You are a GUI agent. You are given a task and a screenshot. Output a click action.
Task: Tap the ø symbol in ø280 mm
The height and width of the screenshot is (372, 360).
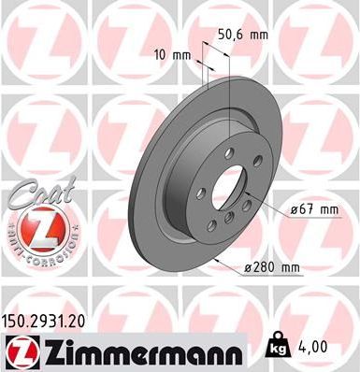(x=248, y=268)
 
